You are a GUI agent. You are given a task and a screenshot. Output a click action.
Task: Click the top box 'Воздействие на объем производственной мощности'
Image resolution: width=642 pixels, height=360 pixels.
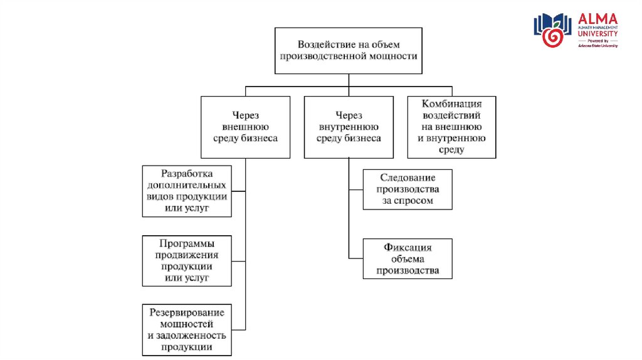click(348, 50)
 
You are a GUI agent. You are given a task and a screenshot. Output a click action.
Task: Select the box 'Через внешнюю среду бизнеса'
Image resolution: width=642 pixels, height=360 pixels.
click(245, 127)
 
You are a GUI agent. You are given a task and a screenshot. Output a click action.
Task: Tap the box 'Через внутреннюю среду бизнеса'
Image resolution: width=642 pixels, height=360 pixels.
click(349, 127)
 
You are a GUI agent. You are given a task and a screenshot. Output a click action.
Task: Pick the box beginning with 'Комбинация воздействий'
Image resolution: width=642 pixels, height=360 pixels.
click(451, 127)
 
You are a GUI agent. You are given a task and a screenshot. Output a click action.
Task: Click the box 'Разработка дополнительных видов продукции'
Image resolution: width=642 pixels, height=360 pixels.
click(186, 191)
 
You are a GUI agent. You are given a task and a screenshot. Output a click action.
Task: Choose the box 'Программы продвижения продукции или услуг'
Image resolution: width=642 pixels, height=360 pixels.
click(186, 260)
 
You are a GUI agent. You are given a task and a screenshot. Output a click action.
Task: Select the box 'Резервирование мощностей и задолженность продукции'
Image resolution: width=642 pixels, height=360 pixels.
click(186, 329)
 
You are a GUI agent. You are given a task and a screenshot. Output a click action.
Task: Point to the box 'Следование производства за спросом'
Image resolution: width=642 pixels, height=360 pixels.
click(407, 189)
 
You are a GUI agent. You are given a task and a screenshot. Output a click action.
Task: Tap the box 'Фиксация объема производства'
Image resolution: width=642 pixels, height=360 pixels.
click(407, 259)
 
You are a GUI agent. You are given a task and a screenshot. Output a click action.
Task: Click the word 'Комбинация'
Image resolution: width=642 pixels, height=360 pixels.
click(451, 104)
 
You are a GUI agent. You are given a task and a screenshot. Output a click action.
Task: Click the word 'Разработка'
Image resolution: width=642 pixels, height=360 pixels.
click(187, 174)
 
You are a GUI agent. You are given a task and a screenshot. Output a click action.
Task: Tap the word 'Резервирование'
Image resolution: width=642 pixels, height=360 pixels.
click(187, 312)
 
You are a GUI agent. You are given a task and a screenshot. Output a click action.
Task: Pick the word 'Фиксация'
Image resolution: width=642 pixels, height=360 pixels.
click(408, 248)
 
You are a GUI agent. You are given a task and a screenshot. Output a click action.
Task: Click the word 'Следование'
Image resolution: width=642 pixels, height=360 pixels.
click(408, 177)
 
